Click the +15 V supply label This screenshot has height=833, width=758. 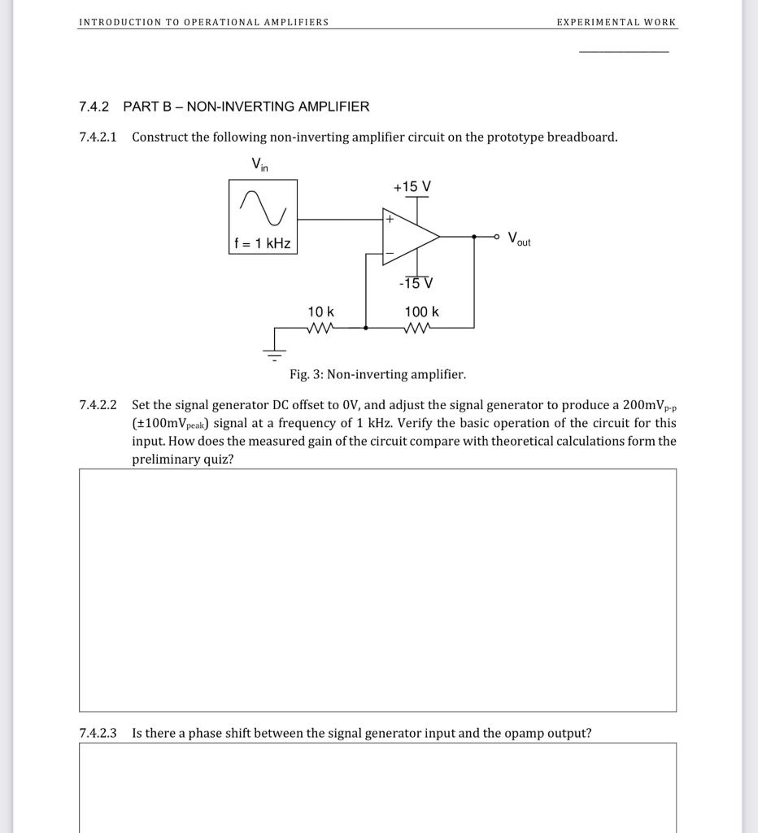[412, 187]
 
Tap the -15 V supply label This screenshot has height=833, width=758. [416, 283]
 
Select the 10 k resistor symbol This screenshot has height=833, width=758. [320, 328]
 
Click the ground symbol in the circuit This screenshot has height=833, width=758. [274, 353]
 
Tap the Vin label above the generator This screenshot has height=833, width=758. [259, 165]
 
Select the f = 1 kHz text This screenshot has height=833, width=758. [263, 243]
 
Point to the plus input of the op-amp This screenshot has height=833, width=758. [390, 219]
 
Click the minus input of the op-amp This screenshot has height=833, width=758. [390, 255]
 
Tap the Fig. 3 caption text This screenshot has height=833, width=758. [377, 374]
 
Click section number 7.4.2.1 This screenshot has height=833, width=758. [98, 137]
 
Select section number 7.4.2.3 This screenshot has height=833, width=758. [98, 733]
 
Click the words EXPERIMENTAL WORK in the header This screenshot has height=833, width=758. [616, 22]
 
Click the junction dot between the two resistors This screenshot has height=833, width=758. [365, 328]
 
